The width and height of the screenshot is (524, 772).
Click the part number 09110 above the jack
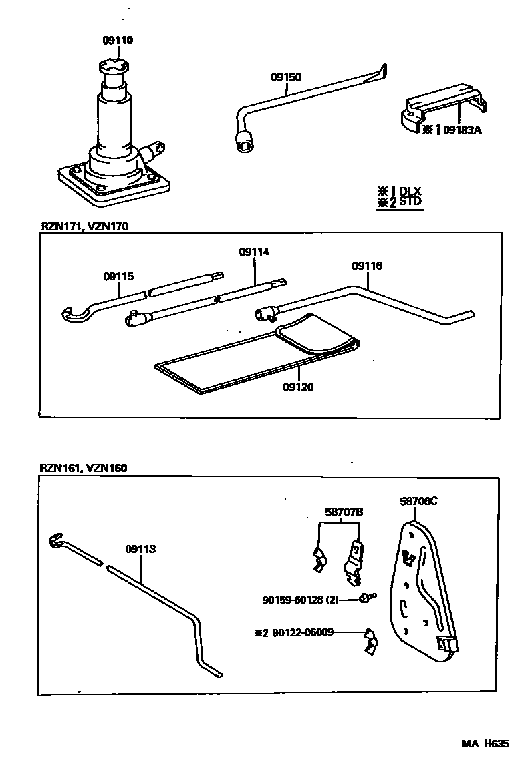coord(118,41)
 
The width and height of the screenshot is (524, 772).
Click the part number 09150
coord(285,77)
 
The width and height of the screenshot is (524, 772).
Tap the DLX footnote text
coord(410,191)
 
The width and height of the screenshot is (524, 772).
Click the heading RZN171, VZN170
coord(84,226)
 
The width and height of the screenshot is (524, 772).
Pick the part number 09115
coord(118,276)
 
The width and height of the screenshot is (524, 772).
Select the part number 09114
coord(254,252)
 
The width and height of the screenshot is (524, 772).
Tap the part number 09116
coord(367,266)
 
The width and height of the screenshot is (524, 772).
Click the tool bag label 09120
coord(298,387)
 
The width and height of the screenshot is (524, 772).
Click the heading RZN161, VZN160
coord(84,468)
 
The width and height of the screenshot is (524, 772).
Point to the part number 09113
coord(140,549)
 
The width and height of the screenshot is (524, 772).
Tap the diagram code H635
coord(497,744)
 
